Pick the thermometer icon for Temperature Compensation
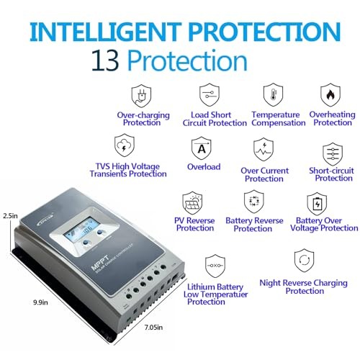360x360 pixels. point(269,96)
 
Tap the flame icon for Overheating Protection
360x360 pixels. point(330,96)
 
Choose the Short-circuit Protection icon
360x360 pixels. point(333,154)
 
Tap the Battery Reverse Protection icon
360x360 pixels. point(253,201)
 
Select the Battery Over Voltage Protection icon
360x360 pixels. point(316,202)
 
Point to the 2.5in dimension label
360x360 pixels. point(9,215)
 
